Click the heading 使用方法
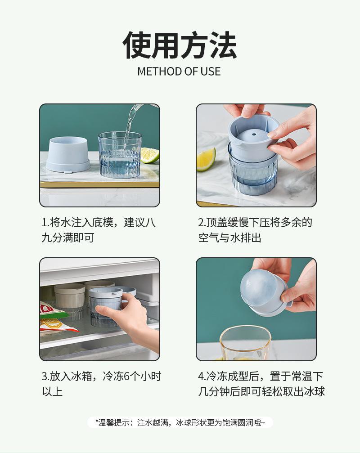[180, 45]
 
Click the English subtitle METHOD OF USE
[179, 72]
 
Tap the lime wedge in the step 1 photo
[150, 155]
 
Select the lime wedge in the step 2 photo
[206, 159]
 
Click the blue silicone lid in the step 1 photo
[68, 155]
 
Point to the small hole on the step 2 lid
[254, 134]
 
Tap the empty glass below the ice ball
[245, 343]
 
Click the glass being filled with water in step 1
[120, 155]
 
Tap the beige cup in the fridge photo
[69, 300]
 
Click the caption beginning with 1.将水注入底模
[99, 230]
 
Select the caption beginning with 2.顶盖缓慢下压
[255, 230]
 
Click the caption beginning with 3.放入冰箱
[101, 384]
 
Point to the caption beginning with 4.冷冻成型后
[261, 384]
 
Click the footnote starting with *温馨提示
[180, 423]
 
